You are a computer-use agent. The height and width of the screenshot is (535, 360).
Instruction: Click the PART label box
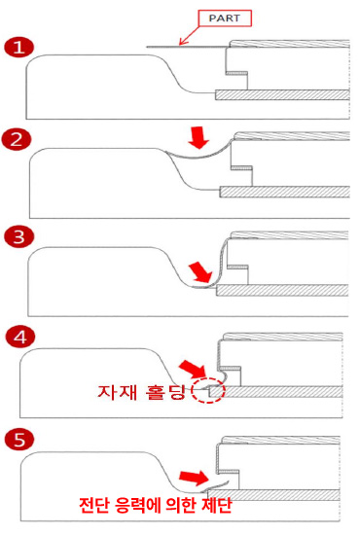click(x=225, y=18)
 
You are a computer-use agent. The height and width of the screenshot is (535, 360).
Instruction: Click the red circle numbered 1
click(x=19, y=48)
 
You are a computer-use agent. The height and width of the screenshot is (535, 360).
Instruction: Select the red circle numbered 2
click(x=16, y=140)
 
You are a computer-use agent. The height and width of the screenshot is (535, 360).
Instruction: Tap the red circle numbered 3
click(x=19, y=236)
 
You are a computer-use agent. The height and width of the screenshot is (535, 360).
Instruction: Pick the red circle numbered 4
click(x=20, y=338)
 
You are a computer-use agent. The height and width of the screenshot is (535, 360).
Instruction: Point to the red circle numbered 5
click(x=19, y=439)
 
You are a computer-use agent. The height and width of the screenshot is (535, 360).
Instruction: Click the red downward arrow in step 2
click(x=198, y=137)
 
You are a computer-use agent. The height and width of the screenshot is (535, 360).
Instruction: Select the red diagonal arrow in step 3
click(x=201, y=272)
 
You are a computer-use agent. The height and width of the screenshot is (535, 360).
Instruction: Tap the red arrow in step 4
click(x=193, y=369)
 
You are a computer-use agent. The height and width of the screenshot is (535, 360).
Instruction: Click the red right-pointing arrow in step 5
click(x=194, y=477)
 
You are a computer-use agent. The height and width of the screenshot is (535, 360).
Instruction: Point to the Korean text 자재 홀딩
click(x=140, y=392)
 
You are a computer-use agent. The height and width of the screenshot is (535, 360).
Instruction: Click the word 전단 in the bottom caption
click(x=94, y=505)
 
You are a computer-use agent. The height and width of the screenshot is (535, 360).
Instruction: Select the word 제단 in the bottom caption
click(x=217, y=505)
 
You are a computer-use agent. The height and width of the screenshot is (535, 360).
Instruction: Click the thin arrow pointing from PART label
click(x=189, y=35)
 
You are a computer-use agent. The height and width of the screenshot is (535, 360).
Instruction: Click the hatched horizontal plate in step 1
click(x=282, y=95)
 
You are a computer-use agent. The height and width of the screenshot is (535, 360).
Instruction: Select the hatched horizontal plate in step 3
click(x=282, y=290)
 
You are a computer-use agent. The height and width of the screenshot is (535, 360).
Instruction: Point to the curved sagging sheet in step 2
click(x=198, y=156)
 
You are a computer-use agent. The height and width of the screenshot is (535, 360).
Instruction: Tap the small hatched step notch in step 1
click(x=236, y=73)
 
